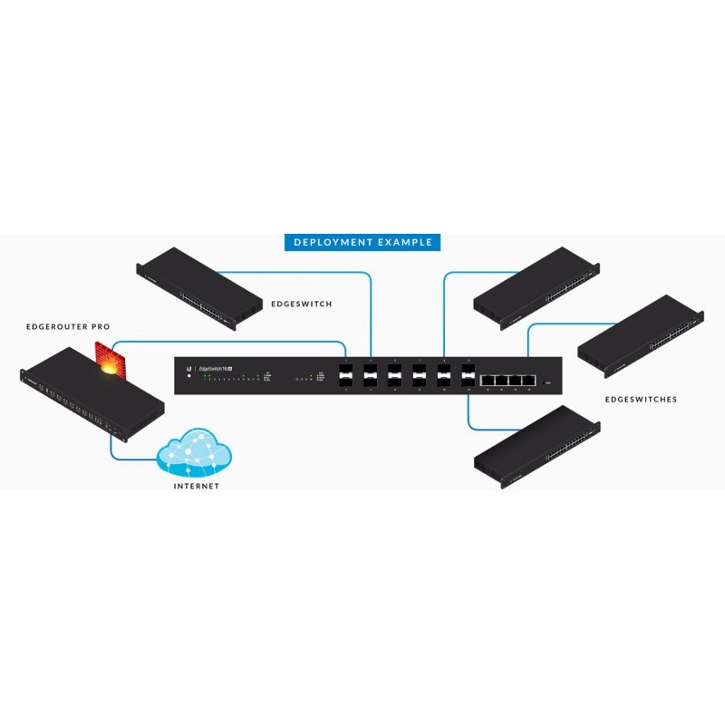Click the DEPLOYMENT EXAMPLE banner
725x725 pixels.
362,242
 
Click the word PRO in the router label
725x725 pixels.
101,326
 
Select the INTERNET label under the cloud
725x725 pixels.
196,486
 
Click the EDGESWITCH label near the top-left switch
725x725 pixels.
302,304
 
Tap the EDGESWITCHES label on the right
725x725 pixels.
641,399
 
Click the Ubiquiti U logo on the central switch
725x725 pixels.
189,368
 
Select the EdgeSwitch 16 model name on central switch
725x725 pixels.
216,368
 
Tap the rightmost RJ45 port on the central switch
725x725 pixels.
528,379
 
